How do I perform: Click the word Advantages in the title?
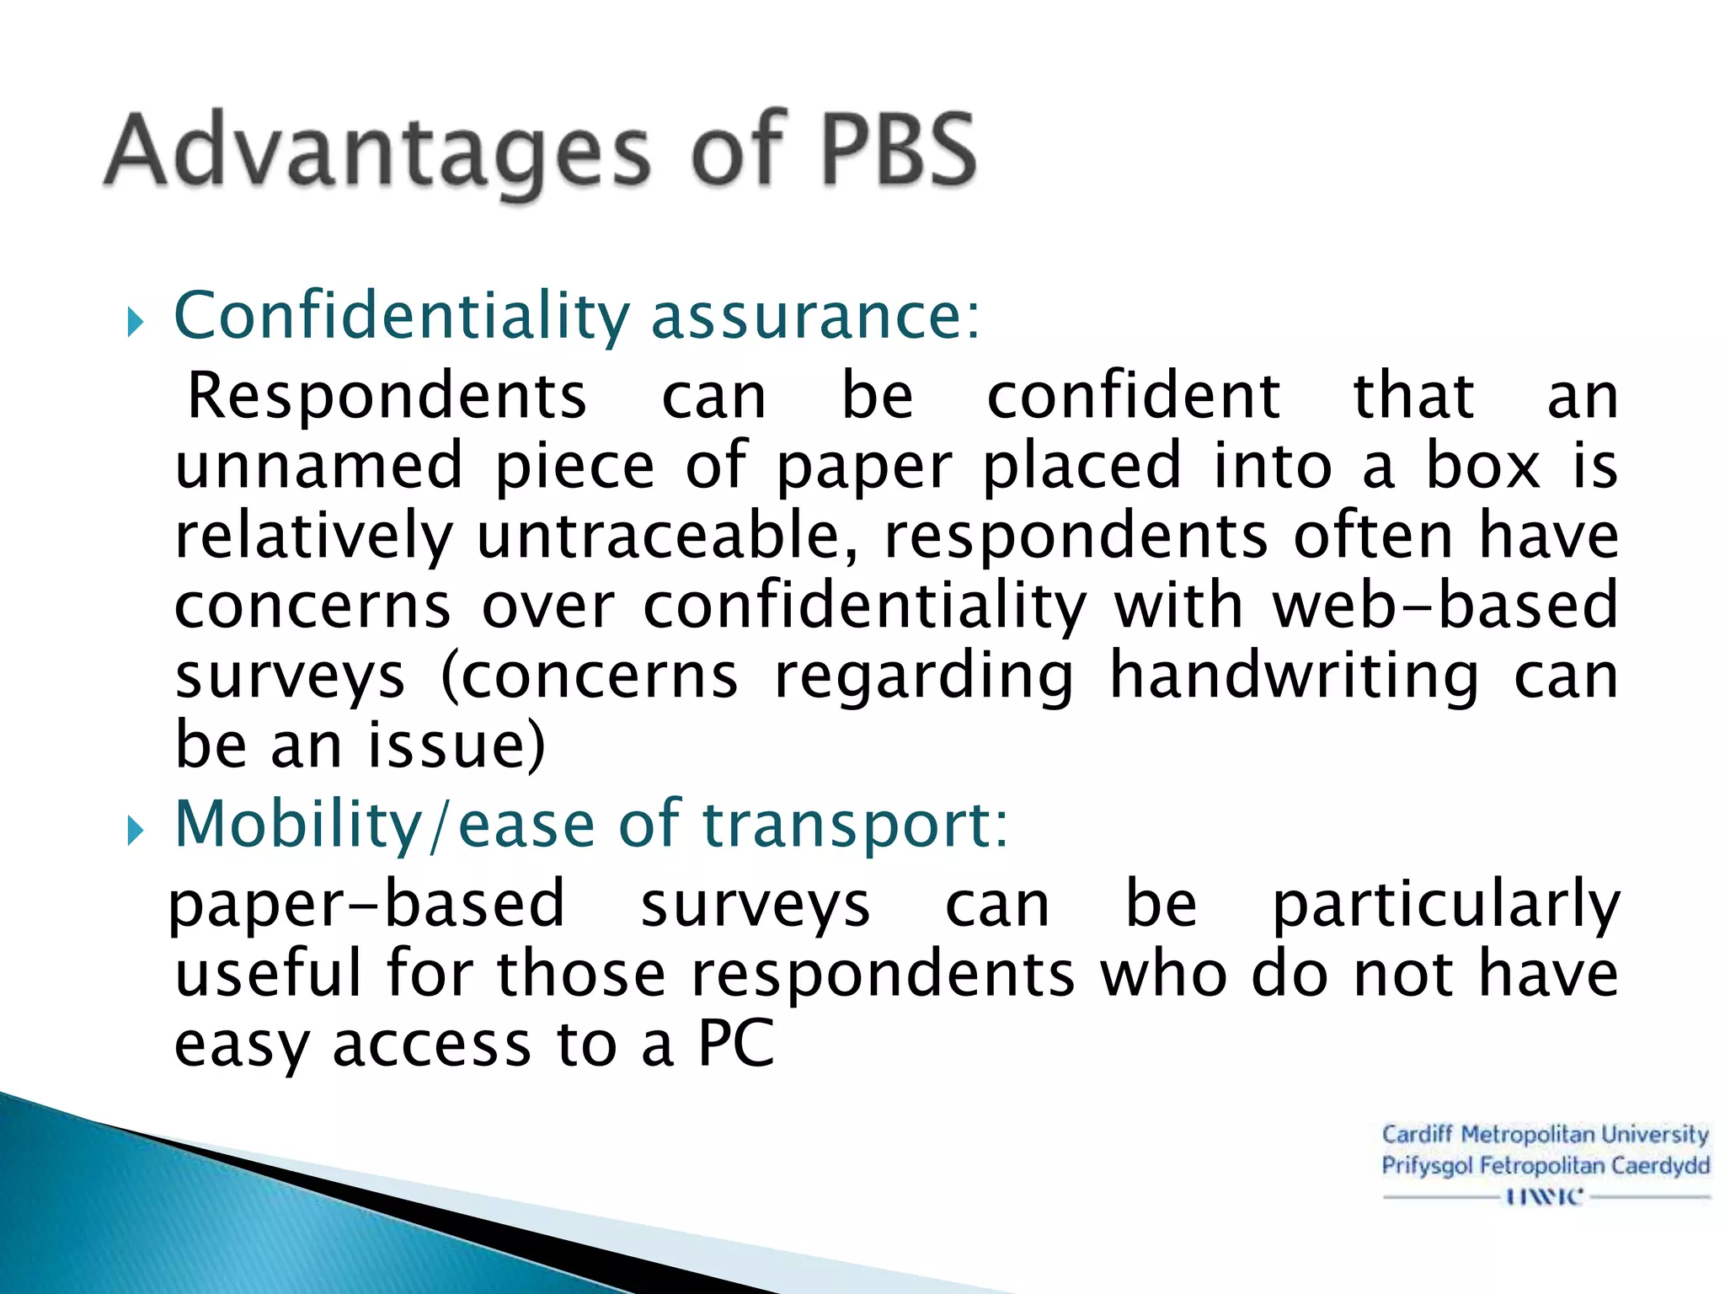pyautogui.click(x=377, y=152)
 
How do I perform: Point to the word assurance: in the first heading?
pyautogui.click(x=815, y=317)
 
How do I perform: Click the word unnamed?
pyautogui.click(x=319, y=466)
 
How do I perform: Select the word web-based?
pyautogui.click(x=1445, y=606)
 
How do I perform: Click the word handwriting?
pyautogui.click(x=1294, y=676)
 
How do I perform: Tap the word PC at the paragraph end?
pyautogui.click(x=735, y=1045)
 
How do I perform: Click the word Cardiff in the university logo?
pyautogui.click(x=1417, y=1135)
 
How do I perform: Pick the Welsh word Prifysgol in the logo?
pyautogui.click(x=1427, y=1166)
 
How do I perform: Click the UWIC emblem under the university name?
pyautogui.click(x=1545, y=1196)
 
